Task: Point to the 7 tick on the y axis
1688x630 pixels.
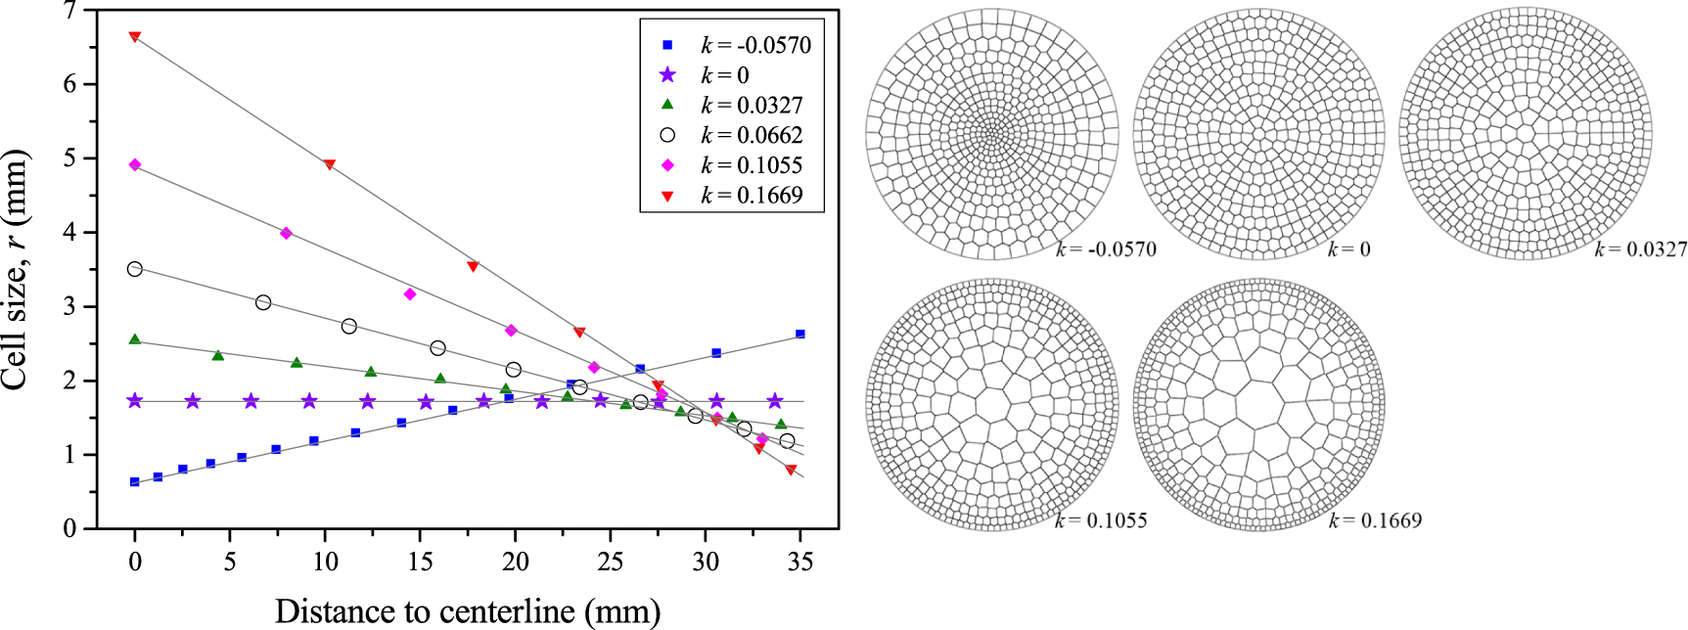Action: click(x=69, y=11)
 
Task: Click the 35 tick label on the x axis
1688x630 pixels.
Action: click(x=800, y=562)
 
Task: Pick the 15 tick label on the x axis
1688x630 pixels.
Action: click(x=420, y=562)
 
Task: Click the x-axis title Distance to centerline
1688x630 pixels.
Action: click(x=467, y=611)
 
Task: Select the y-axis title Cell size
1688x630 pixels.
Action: click(x=15, y=270)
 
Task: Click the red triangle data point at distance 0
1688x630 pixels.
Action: click(x=135, y=37)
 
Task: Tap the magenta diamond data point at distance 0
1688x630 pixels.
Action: click(x=135, y=165)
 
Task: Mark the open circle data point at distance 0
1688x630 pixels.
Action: click(x=135, y=269)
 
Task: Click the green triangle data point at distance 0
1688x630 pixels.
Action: click(x=135, y=339)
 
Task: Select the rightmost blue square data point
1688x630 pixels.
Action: click(x=800, y=335)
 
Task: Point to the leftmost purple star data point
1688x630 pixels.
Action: click(x=135, y=401)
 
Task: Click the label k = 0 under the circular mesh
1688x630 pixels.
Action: click(x=1348, y=250)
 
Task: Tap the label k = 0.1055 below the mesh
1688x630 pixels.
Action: click(x=1101, y=520)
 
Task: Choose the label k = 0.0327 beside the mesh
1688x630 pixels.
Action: click(x=1640, y=250)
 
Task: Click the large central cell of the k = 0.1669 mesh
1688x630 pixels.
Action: click(x=1257, y=403)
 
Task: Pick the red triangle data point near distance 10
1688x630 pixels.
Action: click(x=329, y=164)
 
